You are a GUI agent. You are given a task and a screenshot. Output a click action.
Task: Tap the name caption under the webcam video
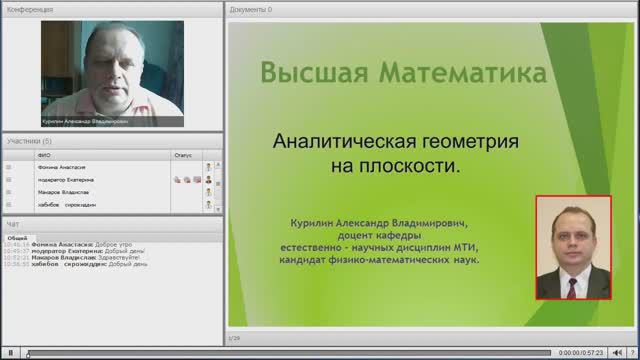[x=70, y=120]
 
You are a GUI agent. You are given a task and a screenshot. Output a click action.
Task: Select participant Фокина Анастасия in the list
[x=60, y=167]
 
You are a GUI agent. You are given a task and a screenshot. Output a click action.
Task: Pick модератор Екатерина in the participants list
[x=65, y=179]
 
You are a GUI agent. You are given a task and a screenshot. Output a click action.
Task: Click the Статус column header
[x=183, y=155]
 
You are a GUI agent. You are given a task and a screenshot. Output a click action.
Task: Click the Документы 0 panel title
[x=250, y=8]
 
